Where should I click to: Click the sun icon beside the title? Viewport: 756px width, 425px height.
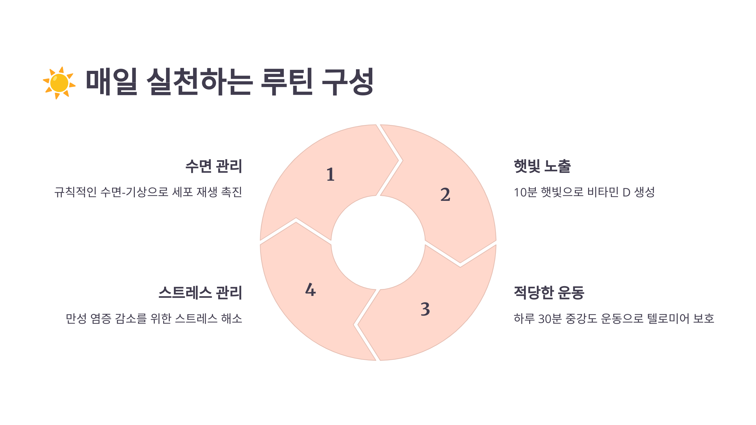(59, 83)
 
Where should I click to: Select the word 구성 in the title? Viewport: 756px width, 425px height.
(347, 82)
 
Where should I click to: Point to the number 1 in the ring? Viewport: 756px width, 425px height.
(330, 174)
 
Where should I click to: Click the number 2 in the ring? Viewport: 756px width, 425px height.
(445, 195)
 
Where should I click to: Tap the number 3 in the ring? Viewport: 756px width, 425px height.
(425, 309)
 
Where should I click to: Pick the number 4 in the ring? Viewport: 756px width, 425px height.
(310, 290)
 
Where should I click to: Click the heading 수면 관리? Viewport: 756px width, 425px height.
(214, 166)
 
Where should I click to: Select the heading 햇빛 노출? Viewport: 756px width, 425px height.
(542, 166)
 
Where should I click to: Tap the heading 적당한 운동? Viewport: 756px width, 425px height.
(549, 292)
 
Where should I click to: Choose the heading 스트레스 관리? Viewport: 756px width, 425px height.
(200, 292)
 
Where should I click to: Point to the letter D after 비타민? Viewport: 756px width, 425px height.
(626, 192)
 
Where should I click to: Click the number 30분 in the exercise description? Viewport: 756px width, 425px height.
(550, 319)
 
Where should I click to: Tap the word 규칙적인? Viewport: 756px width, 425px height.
(76, 192)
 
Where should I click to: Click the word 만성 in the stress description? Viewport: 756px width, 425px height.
(76, 319)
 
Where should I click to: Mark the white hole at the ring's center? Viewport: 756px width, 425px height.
(378, 242)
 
